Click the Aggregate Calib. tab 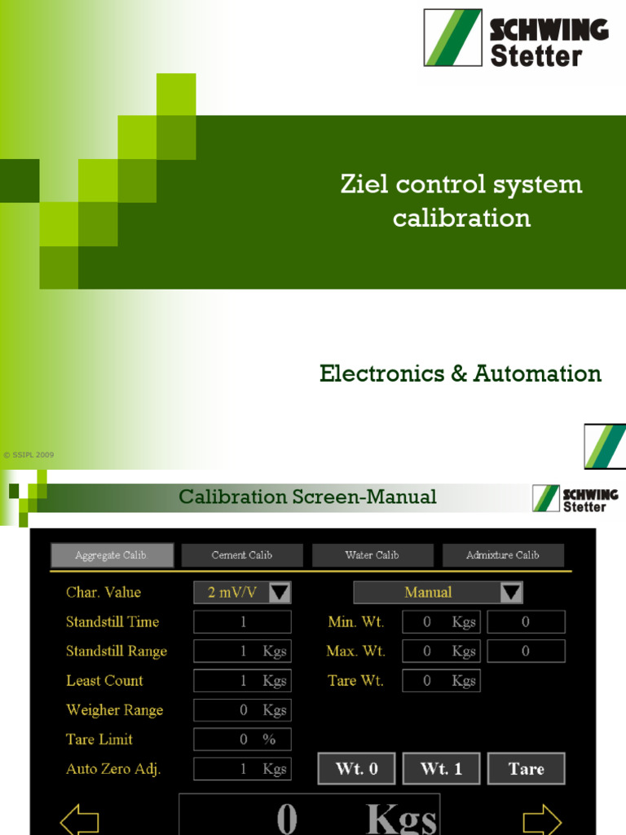click(x=112, y=555)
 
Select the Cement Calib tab click(x=242, y=555)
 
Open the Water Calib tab click(x=372, y=555)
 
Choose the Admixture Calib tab click(x=503, y=555)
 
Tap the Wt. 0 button click(x=356, y=769)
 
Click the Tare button click(x=526, y=769)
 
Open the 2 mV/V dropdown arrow click(x=280, y=592)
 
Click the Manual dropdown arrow click(x=511, y=593)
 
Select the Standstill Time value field click(x=242, y=622)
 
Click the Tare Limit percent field click(x=242, y=740)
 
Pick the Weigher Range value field click(x=242, y=710)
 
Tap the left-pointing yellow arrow click(x=80, y=820)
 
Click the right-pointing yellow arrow click(x=542, y=820)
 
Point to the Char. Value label click(x=104, y=593)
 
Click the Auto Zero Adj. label click(x=113, y=769)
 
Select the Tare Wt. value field click(x=441, y=681)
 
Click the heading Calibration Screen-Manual click(x=307, y=497)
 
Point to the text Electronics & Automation click(x=461, y=373)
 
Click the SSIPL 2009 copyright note click(x=29, y=455)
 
